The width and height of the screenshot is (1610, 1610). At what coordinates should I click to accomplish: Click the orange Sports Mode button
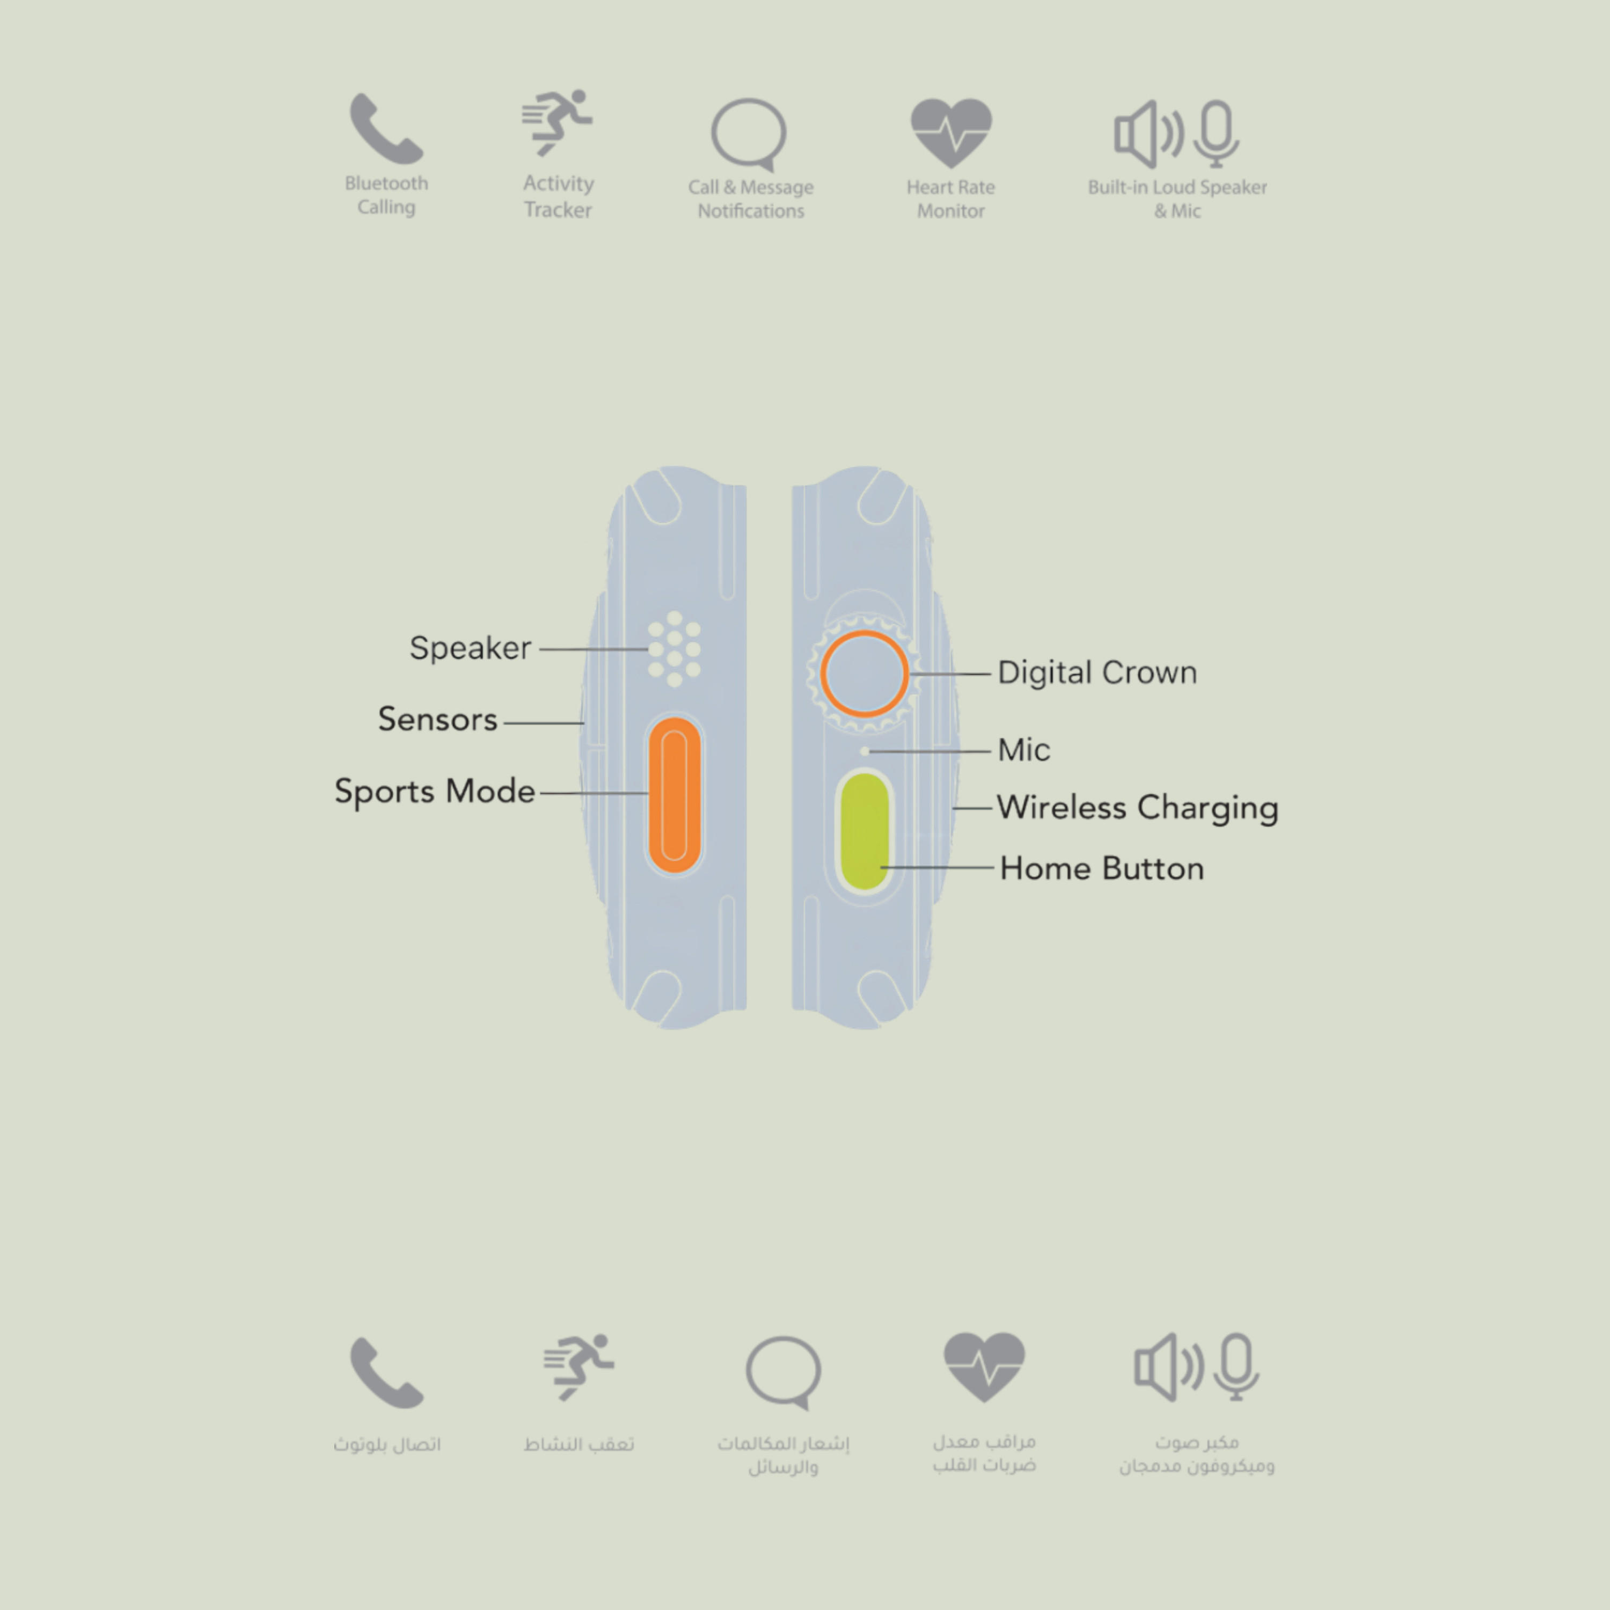tap(674, 794)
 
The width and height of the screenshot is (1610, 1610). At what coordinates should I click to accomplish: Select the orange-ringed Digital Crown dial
tap(864, 674)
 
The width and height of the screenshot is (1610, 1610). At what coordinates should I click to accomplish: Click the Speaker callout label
tap(470, 648)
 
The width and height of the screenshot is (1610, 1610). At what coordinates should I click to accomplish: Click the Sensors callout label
tap(437, 719)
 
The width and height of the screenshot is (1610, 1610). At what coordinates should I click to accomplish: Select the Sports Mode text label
tap(434, 791)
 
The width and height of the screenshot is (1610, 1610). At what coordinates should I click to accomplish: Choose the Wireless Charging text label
tap(1138, 808)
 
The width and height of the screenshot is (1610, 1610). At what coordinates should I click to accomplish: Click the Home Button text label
tap(1102, 868)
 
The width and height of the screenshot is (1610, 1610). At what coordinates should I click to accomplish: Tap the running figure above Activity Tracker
tap(557, 122)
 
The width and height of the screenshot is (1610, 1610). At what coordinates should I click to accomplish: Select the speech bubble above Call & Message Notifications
tap(748, 134)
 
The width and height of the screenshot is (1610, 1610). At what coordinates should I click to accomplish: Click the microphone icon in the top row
tap(1217, 133)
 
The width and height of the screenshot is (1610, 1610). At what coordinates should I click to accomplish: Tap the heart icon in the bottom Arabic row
tap(984, 1367)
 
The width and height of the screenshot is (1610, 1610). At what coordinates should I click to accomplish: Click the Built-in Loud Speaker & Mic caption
tap(1177, 199)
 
